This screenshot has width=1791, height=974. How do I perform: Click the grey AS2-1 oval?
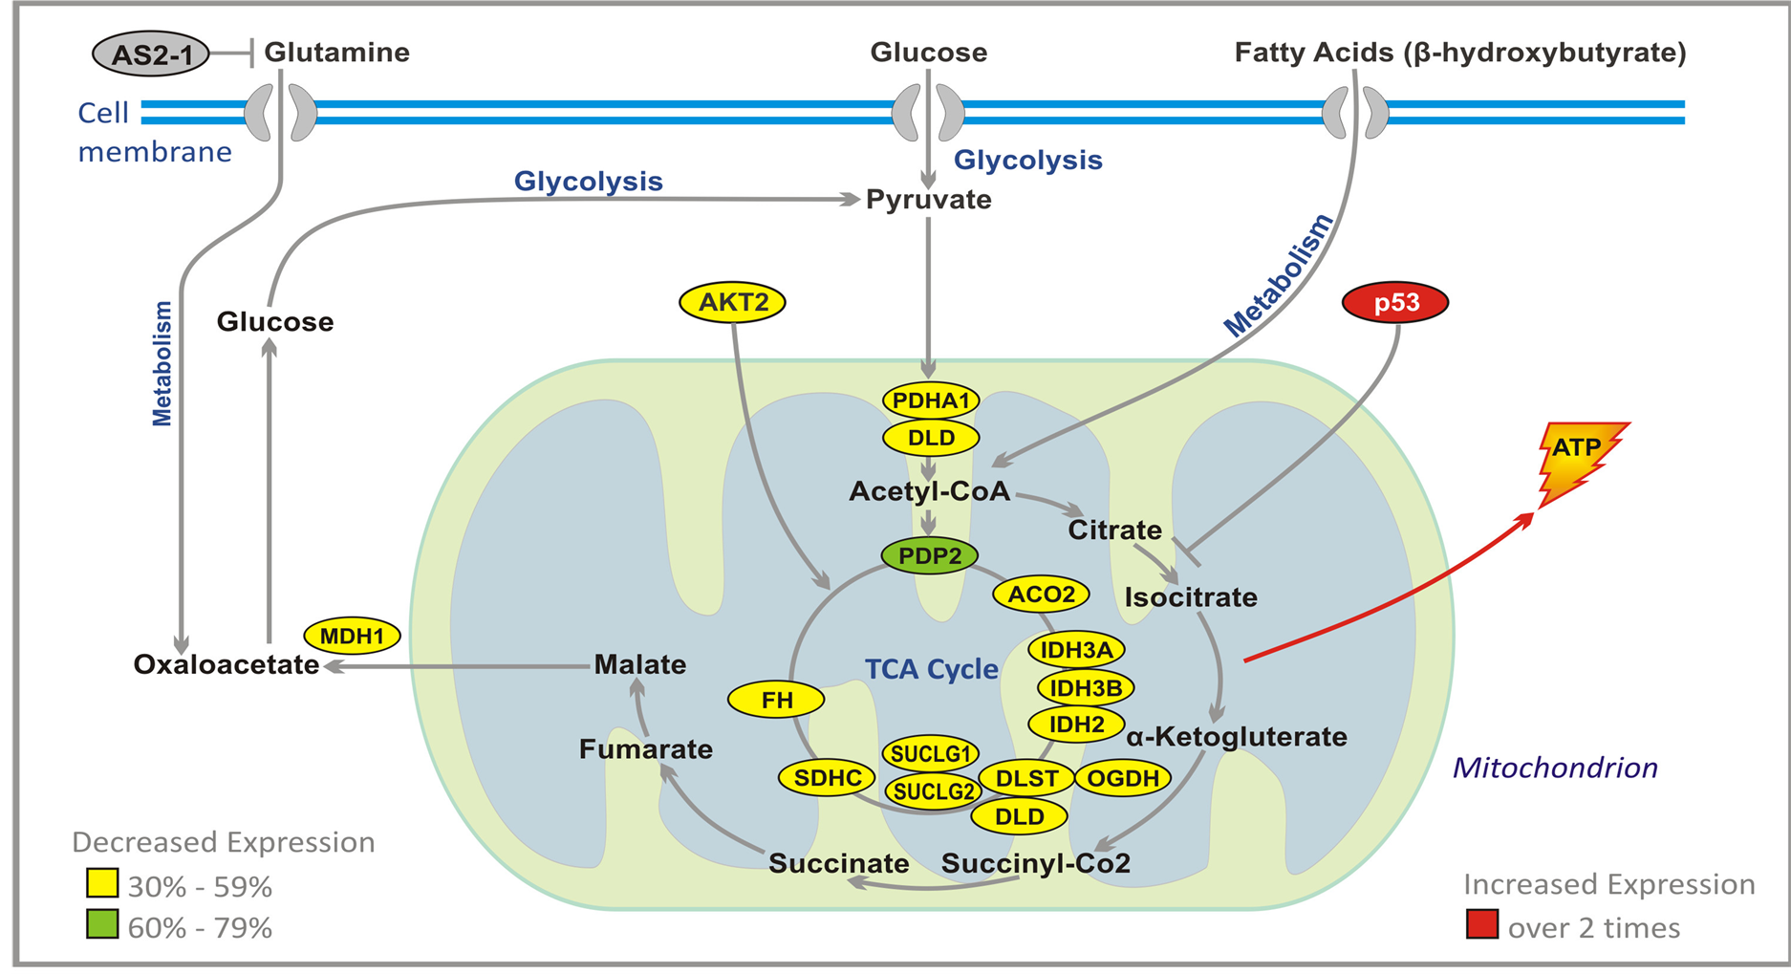tap(151, 54)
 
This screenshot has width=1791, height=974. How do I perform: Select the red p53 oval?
tap(1395, 303)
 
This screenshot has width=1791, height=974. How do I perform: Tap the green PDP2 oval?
tap(930, 555)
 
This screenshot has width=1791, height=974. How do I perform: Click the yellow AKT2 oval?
tap(733, 302)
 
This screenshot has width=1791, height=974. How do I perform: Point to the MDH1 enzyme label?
tap(352, 636)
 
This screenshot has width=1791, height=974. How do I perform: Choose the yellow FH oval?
tap(776, 700)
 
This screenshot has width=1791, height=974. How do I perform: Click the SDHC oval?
tap(828, 777)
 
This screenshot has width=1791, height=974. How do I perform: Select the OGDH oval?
tap(1123, 778)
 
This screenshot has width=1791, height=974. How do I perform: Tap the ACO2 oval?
tap(1041, 594)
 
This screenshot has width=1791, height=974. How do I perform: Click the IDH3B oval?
tap(1085, 687)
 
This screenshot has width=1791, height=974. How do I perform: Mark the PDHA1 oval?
tap(931, 400)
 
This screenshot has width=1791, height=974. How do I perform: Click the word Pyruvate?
tap(928, 200)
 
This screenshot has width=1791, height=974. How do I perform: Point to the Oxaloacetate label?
tap(227, 664)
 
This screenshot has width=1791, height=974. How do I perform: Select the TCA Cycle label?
tap(931, 669)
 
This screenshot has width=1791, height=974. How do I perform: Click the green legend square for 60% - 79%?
tap(102, 925)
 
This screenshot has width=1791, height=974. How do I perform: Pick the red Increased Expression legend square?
tap(1482, 925)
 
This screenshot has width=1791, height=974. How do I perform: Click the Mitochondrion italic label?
tap(1555, 768)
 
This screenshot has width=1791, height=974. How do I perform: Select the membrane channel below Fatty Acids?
tap(1355, 112)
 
